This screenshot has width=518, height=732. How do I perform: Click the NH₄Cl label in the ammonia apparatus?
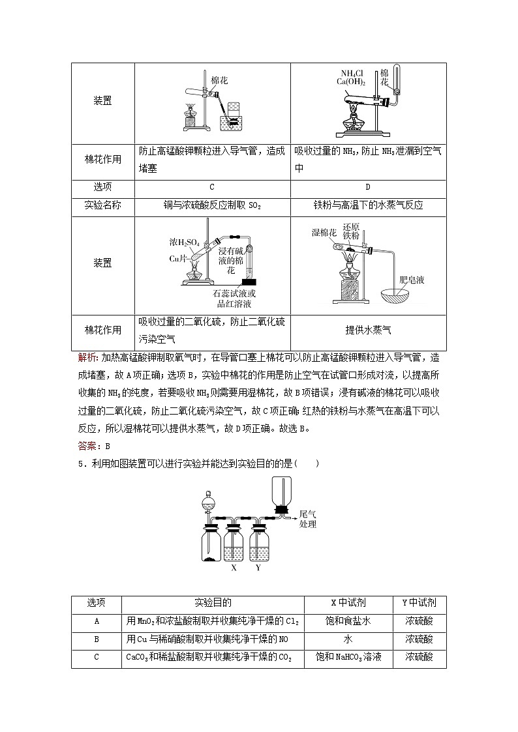[x=353, y=73]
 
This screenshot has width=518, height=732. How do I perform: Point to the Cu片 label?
[x=178, y=259]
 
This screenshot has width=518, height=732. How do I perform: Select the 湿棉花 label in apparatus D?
[x=324, y=233]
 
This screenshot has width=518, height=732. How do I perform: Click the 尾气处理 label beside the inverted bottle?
[x=307, y=519]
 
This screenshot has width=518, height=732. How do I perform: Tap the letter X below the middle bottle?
[x=234, y=568]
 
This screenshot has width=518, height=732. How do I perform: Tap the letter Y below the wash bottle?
[x=258, y=568]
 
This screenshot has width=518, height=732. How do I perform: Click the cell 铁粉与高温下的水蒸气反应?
[x=368, y=205]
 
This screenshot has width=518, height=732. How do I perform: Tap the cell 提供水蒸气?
[x=368, y=330]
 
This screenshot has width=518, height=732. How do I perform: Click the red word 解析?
[x=86, y=357]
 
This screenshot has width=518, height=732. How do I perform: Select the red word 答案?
[x=86, y=446]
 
